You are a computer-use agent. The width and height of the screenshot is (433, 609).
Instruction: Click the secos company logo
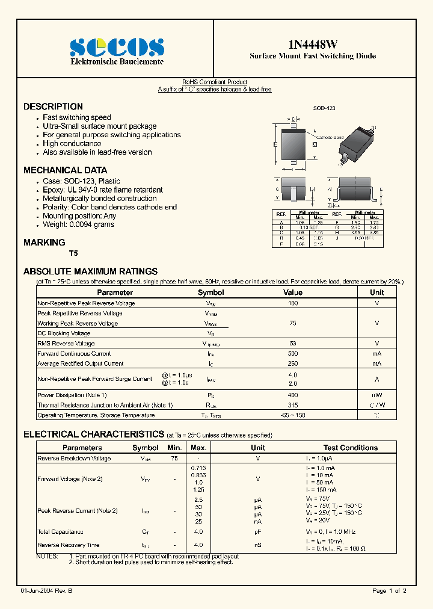117,47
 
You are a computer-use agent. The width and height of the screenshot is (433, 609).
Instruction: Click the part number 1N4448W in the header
313,44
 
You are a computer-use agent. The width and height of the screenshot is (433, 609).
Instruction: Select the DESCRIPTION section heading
53,107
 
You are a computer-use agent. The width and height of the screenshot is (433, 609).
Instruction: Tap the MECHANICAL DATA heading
65,170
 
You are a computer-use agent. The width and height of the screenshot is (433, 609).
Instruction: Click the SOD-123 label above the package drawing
324,108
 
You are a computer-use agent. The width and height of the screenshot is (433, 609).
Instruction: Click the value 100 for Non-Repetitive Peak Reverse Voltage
293,303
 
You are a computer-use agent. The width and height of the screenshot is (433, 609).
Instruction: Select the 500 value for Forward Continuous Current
293,354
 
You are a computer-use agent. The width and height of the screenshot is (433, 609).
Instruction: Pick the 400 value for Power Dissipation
293,395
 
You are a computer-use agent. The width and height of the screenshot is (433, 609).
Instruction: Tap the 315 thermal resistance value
293,405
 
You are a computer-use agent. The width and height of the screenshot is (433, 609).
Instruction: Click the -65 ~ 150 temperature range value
293,415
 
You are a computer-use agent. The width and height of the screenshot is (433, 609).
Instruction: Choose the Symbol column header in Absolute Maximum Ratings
210,292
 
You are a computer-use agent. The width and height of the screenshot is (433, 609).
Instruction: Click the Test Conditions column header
350,448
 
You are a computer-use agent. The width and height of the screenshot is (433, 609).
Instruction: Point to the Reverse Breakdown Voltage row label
74,459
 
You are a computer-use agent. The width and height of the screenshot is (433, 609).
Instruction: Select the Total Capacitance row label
60,532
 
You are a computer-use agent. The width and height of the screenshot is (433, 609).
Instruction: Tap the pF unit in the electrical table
257,532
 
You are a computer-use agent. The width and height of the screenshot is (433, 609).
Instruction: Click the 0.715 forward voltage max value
198,468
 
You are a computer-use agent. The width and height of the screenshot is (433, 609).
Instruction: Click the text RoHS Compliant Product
215,82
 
